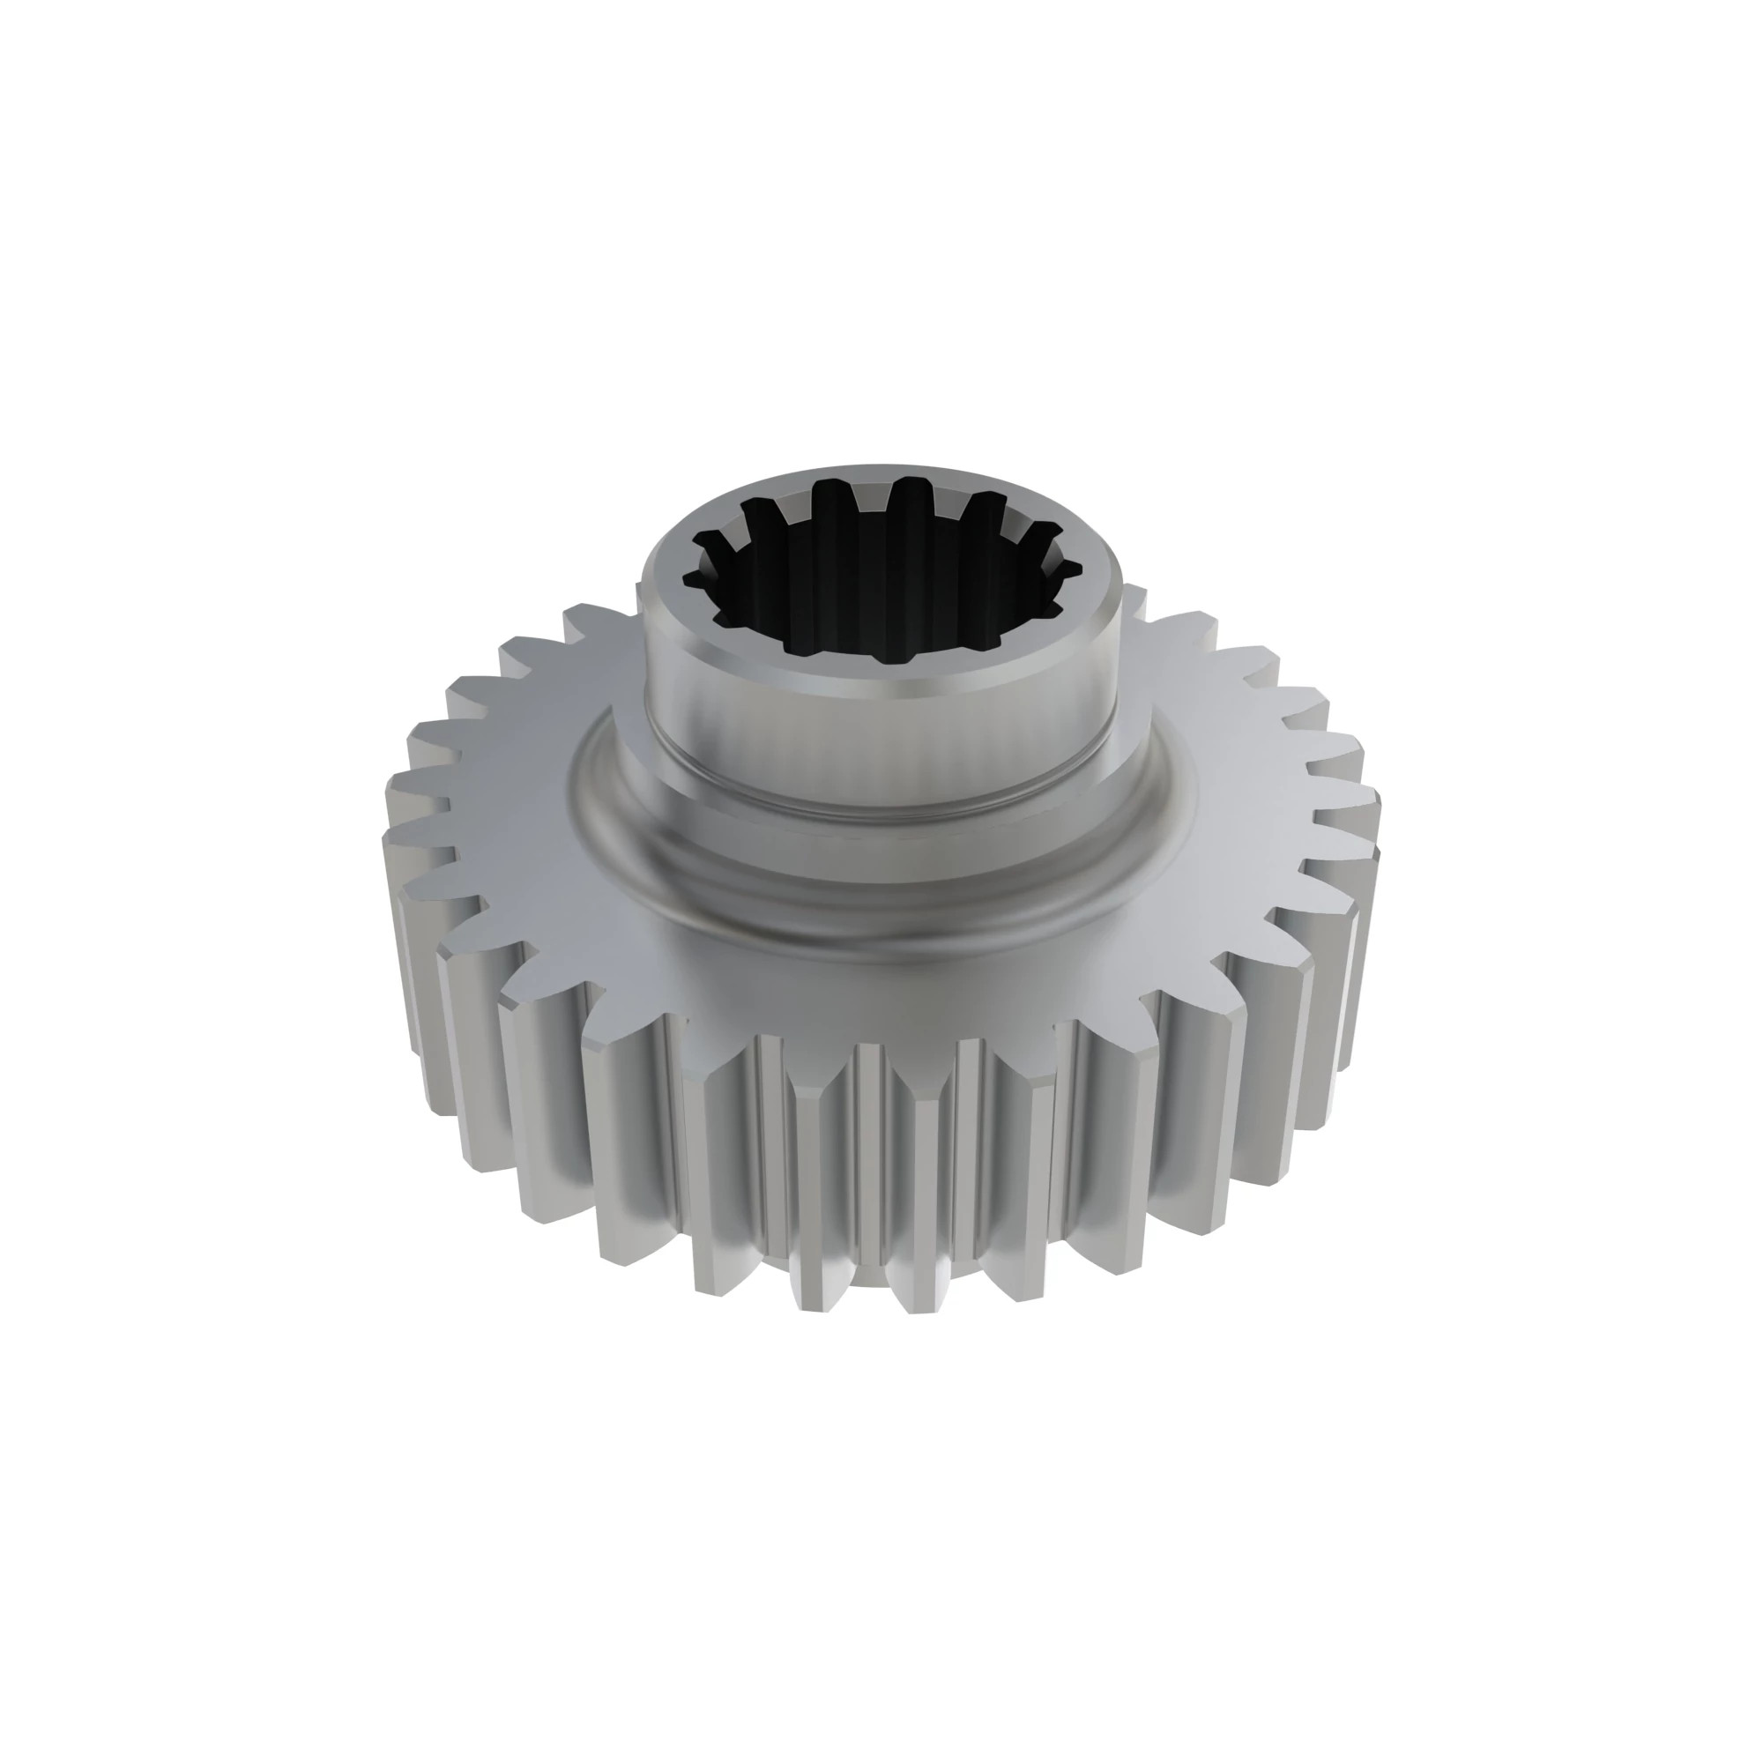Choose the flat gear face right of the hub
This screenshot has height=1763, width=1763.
1250,776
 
